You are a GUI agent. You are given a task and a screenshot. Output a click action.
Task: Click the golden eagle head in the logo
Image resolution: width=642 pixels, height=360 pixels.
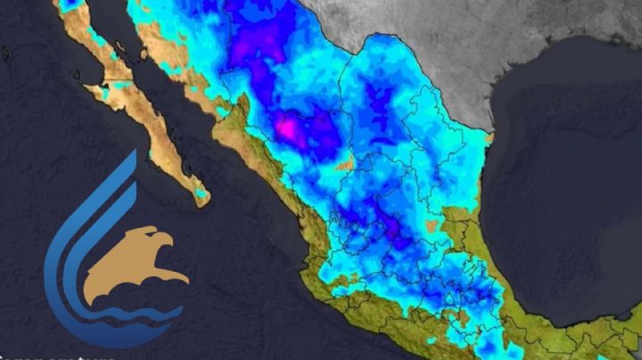click(134, 258)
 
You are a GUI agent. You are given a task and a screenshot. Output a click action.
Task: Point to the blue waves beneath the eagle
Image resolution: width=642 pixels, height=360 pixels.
click(134, 314)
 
